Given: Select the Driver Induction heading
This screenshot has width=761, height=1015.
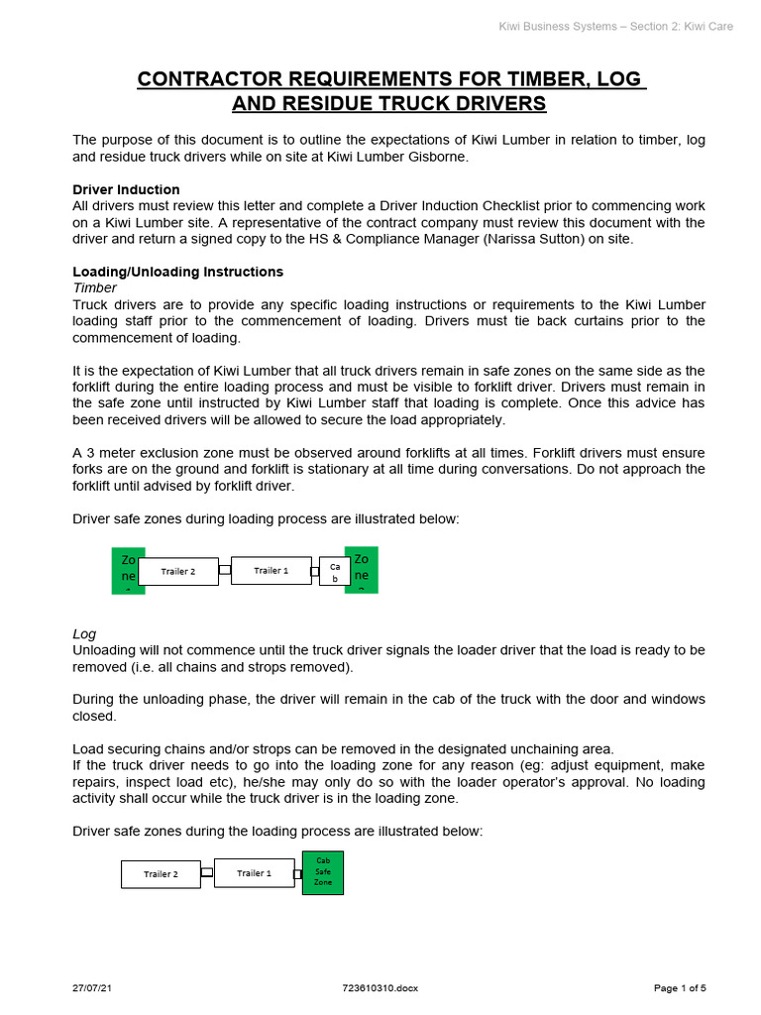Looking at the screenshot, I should (126, 189).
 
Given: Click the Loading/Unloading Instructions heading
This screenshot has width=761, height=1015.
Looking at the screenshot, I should (177, 272).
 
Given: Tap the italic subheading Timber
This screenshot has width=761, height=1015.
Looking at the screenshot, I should (94, 287).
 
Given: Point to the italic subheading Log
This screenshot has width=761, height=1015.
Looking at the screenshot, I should (84, 633).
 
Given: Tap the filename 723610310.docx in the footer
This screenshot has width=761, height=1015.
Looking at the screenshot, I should (380, 987).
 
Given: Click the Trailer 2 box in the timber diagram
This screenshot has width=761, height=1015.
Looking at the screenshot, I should (177, 571).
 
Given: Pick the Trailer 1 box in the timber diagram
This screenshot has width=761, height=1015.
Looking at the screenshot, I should (271, 570).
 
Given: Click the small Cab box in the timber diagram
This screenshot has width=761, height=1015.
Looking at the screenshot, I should (334, 572).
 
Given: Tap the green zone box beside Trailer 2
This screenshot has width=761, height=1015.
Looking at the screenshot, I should (128, 570).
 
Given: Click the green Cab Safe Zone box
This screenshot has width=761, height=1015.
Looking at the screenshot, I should (323, 871).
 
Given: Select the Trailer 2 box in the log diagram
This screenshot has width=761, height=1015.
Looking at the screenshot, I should (161, 874).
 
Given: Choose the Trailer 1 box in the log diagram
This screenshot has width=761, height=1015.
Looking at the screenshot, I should (254, 873).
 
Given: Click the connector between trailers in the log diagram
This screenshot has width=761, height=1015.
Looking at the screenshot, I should (206, 873).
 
